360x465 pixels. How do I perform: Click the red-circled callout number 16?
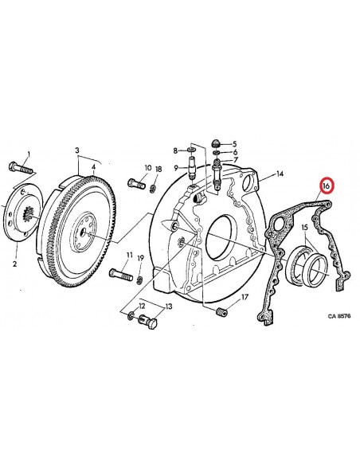325,186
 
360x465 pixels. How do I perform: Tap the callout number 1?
29,154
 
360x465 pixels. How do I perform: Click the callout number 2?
13,260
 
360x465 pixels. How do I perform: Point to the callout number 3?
78,150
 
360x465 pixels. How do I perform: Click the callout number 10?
147,170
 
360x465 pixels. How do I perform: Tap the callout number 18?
158,170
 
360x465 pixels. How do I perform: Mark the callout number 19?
141,258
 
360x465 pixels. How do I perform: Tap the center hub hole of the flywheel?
83,233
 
